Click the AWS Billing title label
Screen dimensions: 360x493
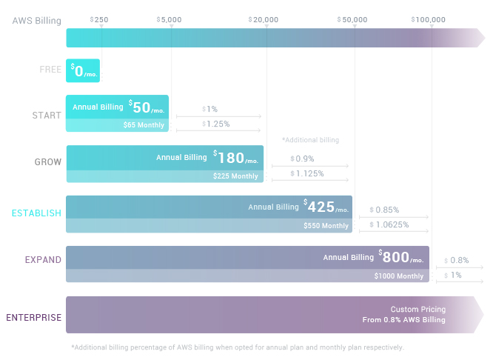click(37, 20)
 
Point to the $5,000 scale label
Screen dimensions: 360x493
click(170, 19)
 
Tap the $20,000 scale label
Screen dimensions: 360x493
click(264, 19)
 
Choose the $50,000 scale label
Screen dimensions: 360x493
click(352, 19)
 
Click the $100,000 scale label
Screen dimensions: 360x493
click(430, 19)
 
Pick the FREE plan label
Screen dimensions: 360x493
click(50, 70)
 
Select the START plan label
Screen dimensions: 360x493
click(47, 116)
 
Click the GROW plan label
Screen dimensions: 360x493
click(48, 162)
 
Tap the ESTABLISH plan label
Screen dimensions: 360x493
click(36, 213)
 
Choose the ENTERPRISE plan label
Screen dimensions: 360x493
click(34, 318)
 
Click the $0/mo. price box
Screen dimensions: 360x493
click(83, 70)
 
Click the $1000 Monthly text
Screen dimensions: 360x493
click(399, 276)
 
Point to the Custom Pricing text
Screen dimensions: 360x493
click(418, 309)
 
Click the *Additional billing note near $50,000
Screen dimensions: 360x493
click(310, 140)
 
